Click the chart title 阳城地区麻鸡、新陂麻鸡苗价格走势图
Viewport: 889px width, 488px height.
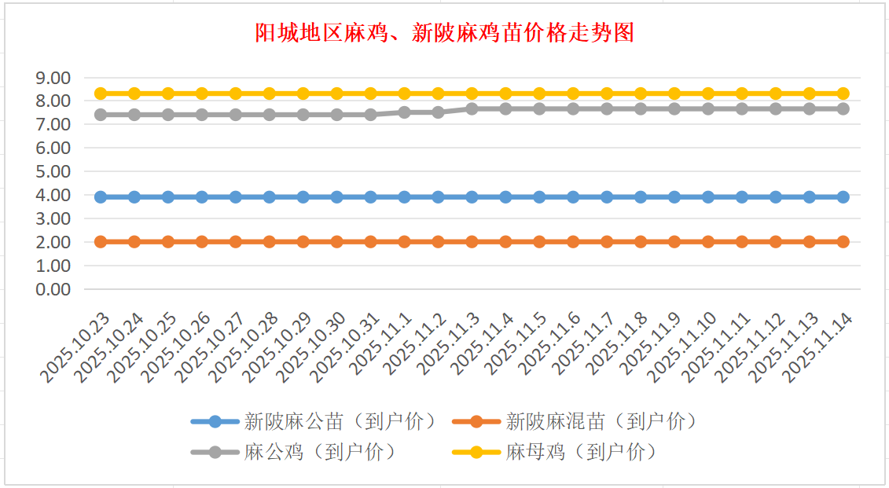click(x=444, y=33)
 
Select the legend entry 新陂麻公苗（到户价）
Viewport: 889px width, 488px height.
click(x=340, y=422)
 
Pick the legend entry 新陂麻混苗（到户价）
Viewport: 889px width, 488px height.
click(x=601, y=422)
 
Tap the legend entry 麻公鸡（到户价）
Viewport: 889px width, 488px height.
click(x=319, y=453)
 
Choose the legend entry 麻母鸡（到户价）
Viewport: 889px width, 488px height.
click(x=581, y=453)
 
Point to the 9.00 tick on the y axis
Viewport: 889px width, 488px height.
click(x=53, y=78)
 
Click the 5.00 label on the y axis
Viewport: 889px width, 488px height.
click(x=53, y=171)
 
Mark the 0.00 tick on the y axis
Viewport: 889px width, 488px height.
click(x=53, y=289)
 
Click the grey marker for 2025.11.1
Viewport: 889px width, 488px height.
click(x=405, y=112)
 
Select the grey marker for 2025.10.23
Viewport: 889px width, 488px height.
click(x=101, y=115)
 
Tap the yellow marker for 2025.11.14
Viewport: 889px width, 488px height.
click(x=843, y=94)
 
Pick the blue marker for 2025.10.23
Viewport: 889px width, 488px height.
click(x=101, y=197)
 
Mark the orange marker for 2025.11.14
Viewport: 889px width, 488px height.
click(x=843, y=242)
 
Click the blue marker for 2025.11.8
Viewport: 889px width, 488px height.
click(x=641, y=197)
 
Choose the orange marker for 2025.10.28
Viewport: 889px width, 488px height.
click(x=270, y=242)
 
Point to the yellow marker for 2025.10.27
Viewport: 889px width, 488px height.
click(x=236, y=94)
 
